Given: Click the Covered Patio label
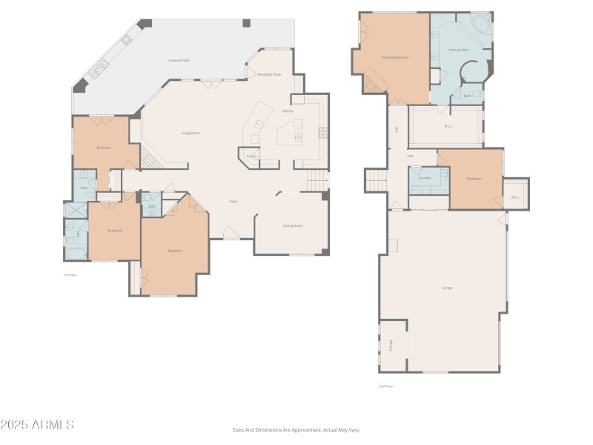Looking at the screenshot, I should point(179,60).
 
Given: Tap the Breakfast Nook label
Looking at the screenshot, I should point(268,75).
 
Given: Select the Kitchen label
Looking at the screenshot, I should point(288,111).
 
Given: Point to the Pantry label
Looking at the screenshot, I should point(251,156).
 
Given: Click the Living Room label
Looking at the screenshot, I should point(191,133).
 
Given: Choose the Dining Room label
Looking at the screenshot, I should point(293,225).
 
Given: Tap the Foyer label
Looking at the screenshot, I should point(233,201).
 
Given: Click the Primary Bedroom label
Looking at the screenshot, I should point(395,57).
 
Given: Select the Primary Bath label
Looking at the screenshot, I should point(459,50).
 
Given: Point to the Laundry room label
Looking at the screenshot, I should point(425,178).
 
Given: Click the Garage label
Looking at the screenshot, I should point(446,288).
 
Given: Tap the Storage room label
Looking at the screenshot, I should point(391,345).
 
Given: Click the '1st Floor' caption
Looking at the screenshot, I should point(70,274).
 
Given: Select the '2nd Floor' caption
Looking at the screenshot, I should point(385,386).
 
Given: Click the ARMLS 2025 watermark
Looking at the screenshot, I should point(37,425).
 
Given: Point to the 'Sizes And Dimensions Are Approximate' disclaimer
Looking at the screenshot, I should point(296,429).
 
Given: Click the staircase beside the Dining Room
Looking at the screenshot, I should point(317,179).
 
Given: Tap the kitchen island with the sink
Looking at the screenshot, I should point(291,133).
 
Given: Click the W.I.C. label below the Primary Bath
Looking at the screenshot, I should point(448,126).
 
